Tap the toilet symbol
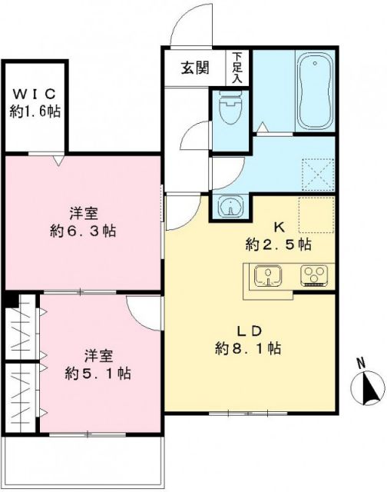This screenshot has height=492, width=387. [228, 110]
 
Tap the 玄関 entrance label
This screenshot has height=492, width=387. [194, 67]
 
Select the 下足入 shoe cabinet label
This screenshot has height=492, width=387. [237, 67]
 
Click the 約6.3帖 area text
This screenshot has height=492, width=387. [84, 231]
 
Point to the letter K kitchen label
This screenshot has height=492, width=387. [279, 228]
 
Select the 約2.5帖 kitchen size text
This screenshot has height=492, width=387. [279, 244]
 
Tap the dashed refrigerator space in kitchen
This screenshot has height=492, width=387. [316, 216]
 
